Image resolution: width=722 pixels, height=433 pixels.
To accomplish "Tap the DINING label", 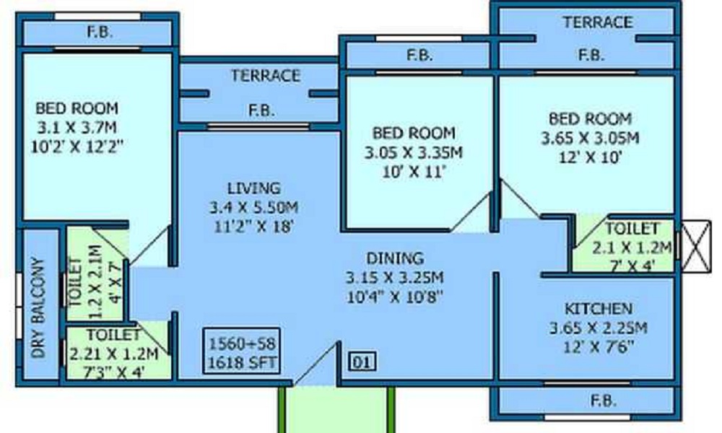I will tap(394, 258).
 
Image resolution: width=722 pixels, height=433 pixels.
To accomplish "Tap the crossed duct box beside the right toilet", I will tap(697, 246).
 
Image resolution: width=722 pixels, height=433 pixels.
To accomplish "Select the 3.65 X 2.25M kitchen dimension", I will tap(598, 328).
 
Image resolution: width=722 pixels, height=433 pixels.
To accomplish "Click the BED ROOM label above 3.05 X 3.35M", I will tap(414, 133).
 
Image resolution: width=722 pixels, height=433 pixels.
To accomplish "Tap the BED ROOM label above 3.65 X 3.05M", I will tap(590, 118).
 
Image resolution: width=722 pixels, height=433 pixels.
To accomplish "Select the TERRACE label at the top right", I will tap(598, 22).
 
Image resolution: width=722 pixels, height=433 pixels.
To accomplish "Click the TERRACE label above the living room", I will tap(266, 75).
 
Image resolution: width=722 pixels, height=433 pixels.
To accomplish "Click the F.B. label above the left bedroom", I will tap(99, 32).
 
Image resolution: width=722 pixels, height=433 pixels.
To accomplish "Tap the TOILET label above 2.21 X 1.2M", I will tap(113, 335).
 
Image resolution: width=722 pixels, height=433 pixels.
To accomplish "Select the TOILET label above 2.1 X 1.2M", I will tap(632, 229).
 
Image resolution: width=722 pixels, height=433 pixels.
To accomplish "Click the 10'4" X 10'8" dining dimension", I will tap(394, 296).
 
